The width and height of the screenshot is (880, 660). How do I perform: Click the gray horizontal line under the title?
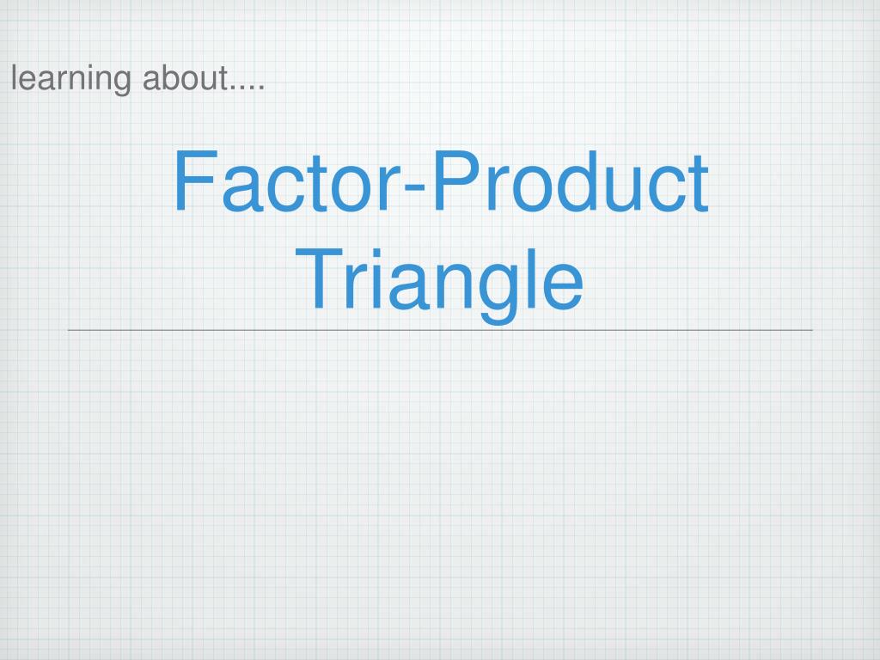[x=440, y=330]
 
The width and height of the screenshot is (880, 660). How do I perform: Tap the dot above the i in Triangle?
[x=375, y=252]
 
